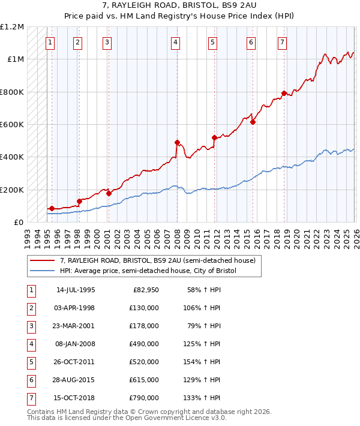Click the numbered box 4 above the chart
pyautogui.click(x=175, y=42)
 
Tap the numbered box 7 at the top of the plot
pyautogui.click(x=282, y=42)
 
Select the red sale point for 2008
pyautogui.click(x=177, y=143)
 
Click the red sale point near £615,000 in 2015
pyautogui.click(x=253, y=122)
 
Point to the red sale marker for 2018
pyautogui.click(x=284, y=94)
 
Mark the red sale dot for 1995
pyautogui.click(x=52, y=209)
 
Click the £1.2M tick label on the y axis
pyautogui.click(x=12, y=27)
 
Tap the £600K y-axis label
pyautogui.click(x=12, y=125)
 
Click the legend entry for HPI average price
pyautogui.click(x=148, y=271)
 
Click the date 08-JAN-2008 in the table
pyautogui.click(x=75, y=344)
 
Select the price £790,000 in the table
pyautogui.click(x=144, y=398)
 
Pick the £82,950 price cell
pyautogui.click(x=146, y=290)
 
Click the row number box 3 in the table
pyautogui.click(x=31, y=326)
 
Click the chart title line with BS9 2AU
pyautogui.click(x=180, y=6)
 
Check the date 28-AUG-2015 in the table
pyautogui.click(x=75, y=380)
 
